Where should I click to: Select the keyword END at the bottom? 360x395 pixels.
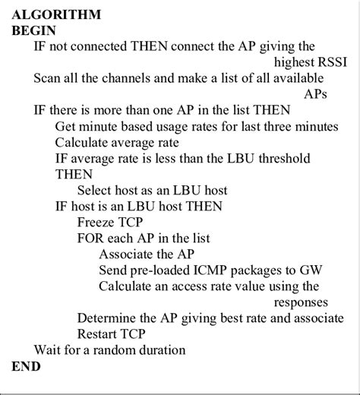pos(27,366)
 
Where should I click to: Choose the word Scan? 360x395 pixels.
pos(47,78)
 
